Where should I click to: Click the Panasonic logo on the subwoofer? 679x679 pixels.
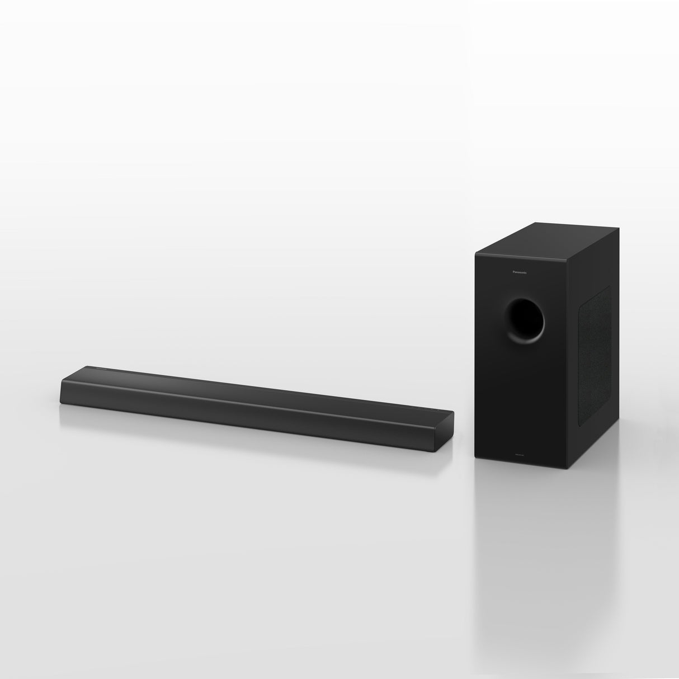point(523,272)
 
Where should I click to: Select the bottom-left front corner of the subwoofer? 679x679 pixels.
point(476,455)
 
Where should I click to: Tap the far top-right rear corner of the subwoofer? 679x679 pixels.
point(619,228)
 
